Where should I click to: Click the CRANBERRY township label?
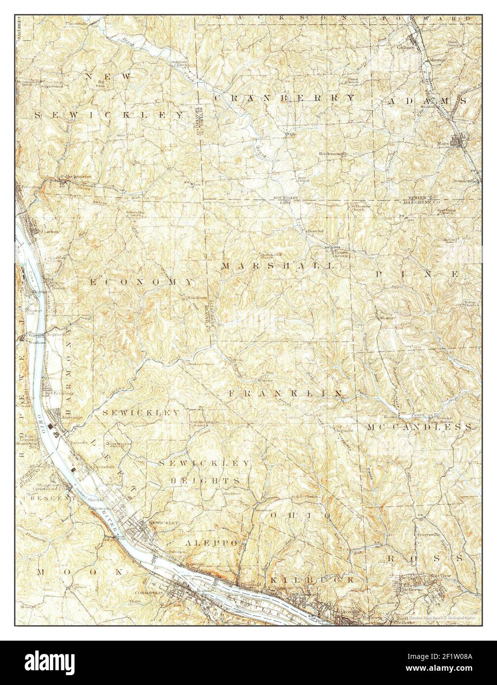point(284,98)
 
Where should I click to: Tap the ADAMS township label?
point(427,100)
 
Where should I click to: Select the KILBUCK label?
point(312,581)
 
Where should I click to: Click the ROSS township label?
point(425,558)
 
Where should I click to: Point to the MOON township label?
point(80,572)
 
